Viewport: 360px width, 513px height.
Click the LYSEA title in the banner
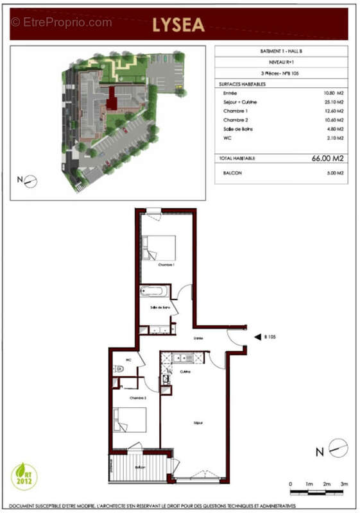178,25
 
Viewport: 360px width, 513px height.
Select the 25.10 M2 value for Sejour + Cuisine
334,102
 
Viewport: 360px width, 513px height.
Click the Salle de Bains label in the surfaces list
237,128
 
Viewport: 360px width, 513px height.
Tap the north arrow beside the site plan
29,181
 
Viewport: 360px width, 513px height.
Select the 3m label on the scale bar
345,484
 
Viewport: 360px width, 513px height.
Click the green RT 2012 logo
25,476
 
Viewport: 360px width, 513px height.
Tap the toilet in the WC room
119,369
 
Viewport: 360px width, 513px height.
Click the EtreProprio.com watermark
62,22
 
